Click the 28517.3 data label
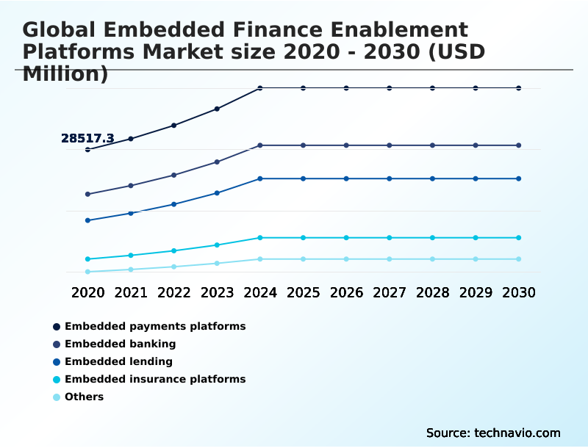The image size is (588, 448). coord(87,138)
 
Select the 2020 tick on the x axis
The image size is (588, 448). coord(87,292)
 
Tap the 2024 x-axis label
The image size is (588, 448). coord(260,292)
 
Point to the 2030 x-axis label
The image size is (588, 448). coord(519,292)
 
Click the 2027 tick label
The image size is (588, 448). coord(390,292)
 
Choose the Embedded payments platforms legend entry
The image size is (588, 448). coord(155,326)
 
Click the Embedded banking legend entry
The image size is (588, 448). coord(120,344)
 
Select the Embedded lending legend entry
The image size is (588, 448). coord(118,361)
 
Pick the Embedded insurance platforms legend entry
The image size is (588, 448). coord(155,379)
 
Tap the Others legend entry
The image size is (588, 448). coord(84,397)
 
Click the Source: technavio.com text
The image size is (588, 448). coord(493,433)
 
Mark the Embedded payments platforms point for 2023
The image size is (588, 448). coord(217,109)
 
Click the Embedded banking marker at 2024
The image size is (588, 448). coord(260,145)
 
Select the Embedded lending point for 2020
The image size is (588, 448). coord(87,220)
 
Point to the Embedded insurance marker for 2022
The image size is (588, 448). coord(174,251)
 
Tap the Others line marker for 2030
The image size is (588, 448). coord(519,259)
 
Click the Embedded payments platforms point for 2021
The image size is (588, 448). coord(131,138)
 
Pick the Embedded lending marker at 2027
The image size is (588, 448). coord(390,178)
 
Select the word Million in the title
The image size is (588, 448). coord(62,74)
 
